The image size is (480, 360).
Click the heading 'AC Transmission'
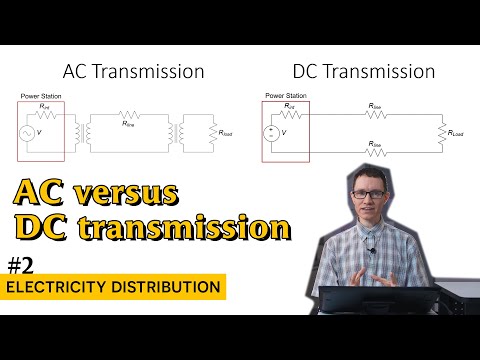click(x=133, y=72)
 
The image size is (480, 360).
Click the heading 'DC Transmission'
click(x=363, y=72)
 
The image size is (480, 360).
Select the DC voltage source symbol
click(x=271, y=131)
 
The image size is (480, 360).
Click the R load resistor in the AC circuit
click(x=211, y=131)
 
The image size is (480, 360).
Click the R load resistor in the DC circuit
click(x=441, y=131)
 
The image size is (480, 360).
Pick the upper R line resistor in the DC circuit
click(x=375, y=111)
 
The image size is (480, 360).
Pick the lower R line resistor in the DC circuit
click(x=375, y=151)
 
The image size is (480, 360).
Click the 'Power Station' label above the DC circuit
click(x=285, y=96)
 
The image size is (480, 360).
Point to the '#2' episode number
click(x=22, y=265)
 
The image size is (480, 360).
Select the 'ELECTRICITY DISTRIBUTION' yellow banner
click(x=112, y=288)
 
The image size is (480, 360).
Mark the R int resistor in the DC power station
click(x=289, y=111)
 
